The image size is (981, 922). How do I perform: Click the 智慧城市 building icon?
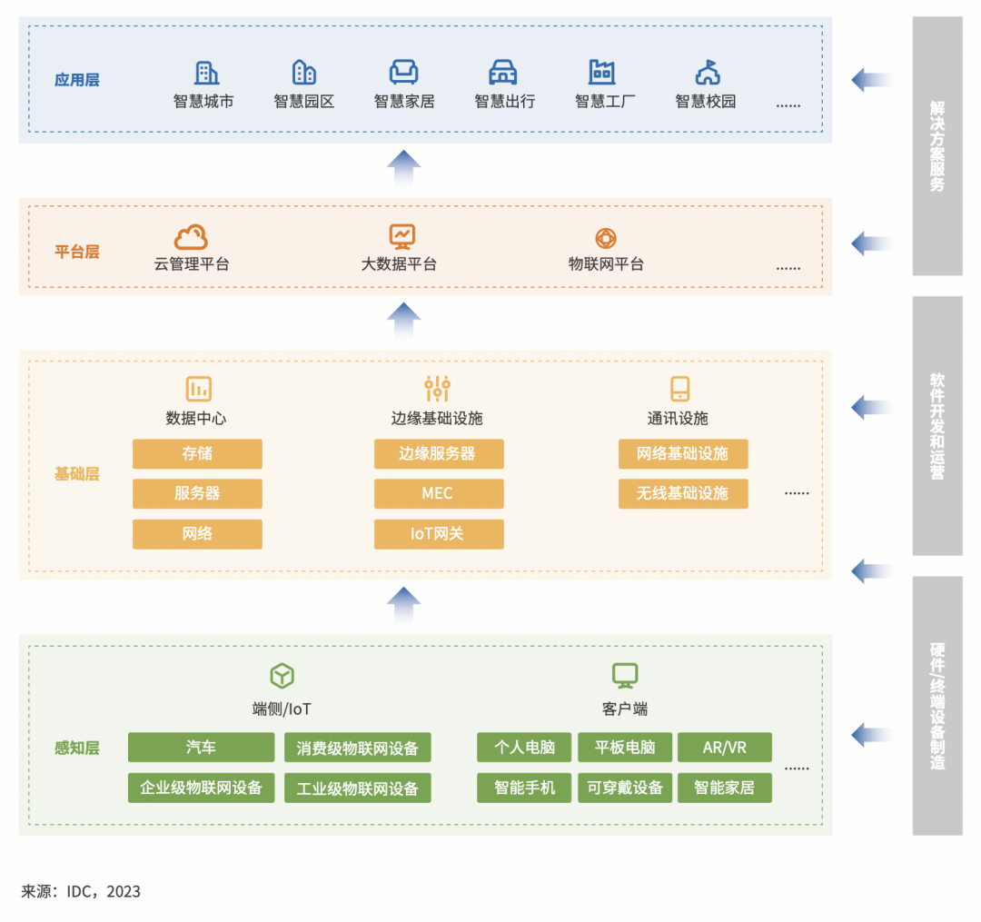pos(206,73)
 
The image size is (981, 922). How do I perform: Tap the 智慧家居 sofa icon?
pos(403,73)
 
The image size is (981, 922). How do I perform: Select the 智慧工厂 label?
pos(605,102)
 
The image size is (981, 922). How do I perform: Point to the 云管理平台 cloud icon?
pos(191,238)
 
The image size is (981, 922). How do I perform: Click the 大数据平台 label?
pos(399,264)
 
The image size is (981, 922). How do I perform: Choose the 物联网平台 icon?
pos(606,238)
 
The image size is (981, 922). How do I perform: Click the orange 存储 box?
pos(197,453)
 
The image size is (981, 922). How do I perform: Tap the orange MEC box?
pos(438,493)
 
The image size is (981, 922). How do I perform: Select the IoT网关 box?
pos(438,534)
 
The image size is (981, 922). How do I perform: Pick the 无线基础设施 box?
pos(683,493)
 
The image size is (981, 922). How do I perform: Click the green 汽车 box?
pos(201,748)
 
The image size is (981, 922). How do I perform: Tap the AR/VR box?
pos(725,748)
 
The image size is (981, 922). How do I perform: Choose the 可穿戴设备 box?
pos(625,788)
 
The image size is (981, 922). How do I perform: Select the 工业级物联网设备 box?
pos(358,788)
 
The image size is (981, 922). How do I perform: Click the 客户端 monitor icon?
pos(625,675)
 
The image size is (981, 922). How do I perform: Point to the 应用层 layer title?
pos(77,80)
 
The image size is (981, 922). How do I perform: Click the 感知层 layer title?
pos(77,749)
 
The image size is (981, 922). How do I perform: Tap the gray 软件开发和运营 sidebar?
pos(937,425)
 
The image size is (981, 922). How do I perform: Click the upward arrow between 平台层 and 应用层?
pos(403,168)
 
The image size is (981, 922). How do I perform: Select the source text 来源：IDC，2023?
pos(81,891)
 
